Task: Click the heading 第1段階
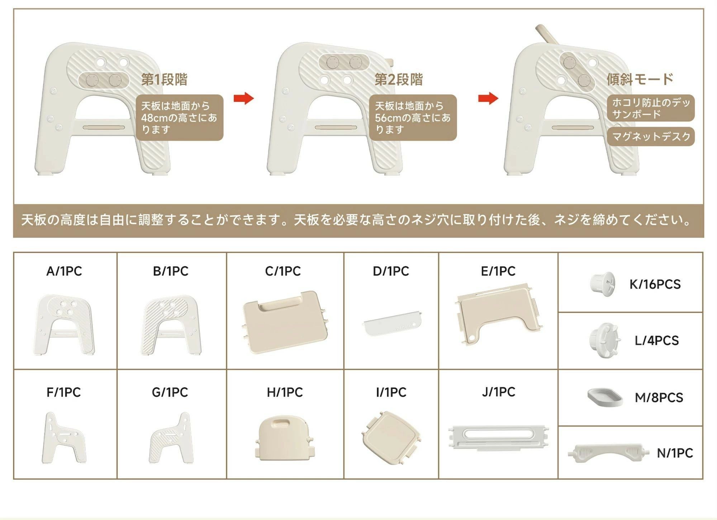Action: tap(164, 79)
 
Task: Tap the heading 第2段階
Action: tap(399, 79)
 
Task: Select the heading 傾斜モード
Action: tap(640, 79)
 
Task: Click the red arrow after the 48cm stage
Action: tap(243, 98)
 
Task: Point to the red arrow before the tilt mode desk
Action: tap(488, 98)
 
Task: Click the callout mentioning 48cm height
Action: tap(179, 117)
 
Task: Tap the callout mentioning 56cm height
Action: tap(413, 117)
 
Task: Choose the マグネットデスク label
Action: tap(651, 136)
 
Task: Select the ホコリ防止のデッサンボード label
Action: tap(651, 108)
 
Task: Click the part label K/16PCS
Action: tap(655, 284)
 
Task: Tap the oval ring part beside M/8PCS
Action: tap(605, 397)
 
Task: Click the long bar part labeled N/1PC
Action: tap(608, 453)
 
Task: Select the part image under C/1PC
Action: tap(285, 322)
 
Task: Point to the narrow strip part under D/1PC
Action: tap(392, 323)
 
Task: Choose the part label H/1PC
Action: tap(285, 392)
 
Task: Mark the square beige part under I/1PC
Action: tap(391, 437)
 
